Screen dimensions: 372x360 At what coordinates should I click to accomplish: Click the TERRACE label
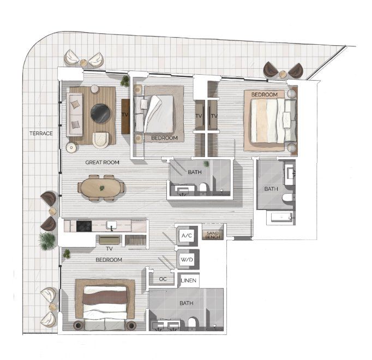pyautogui.click(x=41, y=134)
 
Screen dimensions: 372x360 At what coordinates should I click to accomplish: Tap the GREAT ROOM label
pyautogui.click(x=102, y=163)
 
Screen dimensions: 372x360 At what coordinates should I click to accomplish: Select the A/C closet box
pyautogui.click(x=187, y=236)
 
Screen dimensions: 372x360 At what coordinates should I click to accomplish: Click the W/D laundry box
pyautogui.click(x=187, y=260)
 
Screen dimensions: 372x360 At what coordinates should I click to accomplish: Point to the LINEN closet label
pyautogui.click(x=189, y=280)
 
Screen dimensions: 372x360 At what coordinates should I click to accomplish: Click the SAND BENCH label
pyautogui.click(x=213, y=235)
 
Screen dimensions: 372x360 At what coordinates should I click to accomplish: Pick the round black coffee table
pyautogui.click(x=100, y=113)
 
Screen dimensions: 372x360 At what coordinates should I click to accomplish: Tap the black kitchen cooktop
pyautogui.click(x=84, y=226)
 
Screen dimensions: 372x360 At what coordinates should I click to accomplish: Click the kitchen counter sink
pyautogui.click(x=111, y=225)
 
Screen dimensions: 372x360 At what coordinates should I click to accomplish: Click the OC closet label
pyautogui.click(x=163, y=279)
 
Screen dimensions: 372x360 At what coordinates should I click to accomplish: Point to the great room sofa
pyautogui.click(x=75, y=115)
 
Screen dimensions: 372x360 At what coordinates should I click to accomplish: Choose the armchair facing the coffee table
pyautogui.click(x=100, y=140)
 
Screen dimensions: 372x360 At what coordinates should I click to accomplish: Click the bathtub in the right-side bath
pyautogui.click(x=281, y=218)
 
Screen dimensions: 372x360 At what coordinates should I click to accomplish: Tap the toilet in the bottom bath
pyautogui.click(x=192, y=323)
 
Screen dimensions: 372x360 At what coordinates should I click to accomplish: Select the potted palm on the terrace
pyautogui.click(x=47, y=241)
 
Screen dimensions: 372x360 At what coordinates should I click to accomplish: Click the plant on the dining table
pyautogui.click(x=102, y=188)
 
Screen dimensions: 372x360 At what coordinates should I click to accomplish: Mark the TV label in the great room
pyautogui.click(x=125, y=115)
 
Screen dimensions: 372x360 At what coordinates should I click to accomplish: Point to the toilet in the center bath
pyautogui.click(x=203, y=188)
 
